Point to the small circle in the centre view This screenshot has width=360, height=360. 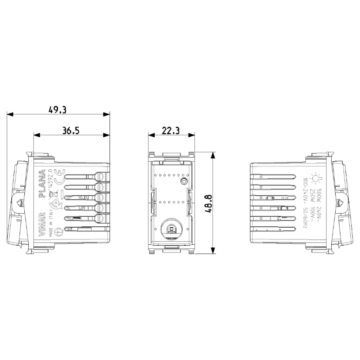[184, 181]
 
